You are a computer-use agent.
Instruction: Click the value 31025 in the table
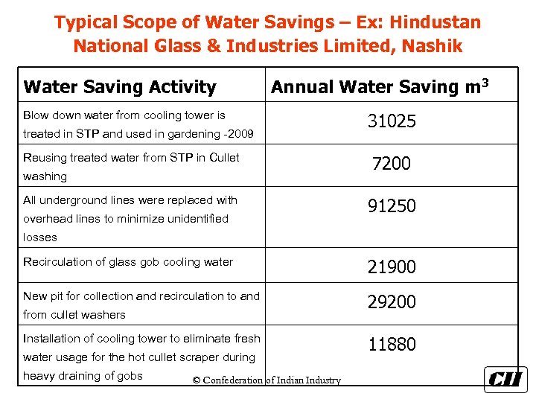tap(392, 121)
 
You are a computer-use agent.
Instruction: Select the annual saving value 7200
tap(392, 164)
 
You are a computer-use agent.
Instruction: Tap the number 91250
tap(392, 206)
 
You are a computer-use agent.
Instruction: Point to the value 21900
tap(392, 267)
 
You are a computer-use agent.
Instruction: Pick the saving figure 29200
tap(392, 302)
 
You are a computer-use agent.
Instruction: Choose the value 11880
tap(392, 345)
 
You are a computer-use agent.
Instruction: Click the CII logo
tap(505, 379)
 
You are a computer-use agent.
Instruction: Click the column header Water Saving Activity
tap(120, 87)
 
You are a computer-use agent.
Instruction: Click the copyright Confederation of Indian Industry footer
tap(267, 380)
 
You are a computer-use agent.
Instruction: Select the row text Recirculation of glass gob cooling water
tap(128, 262)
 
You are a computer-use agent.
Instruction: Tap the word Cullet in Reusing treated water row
tap(224, 158)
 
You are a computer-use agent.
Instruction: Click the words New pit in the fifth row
tap(45, 296)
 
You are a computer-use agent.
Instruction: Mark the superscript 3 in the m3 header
tap(485, 80)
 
